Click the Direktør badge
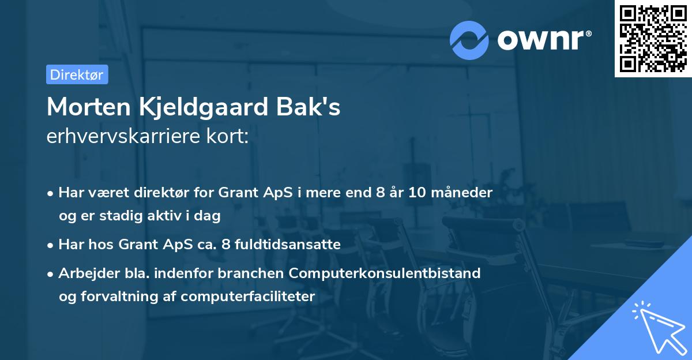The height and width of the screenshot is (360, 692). coord(77,74)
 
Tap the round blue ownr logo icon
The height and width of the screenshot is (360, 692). coord(469,40)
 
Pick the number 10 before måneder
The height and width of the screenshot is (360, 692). coord(418,193)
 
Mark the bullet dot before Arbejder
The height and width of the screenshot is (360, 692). coord(51,274)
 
